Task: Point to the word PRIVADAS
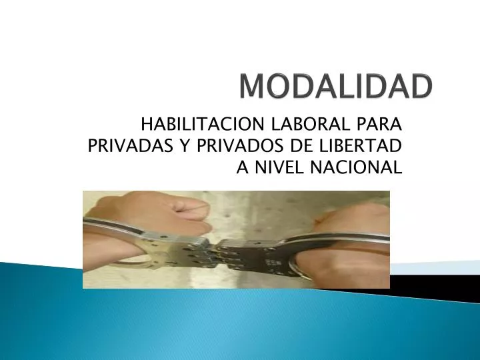click(x=129, y=145)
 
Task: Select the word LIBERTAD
click(x=359, y=145)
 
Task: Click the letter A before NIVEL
click(x=243, y=167)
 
